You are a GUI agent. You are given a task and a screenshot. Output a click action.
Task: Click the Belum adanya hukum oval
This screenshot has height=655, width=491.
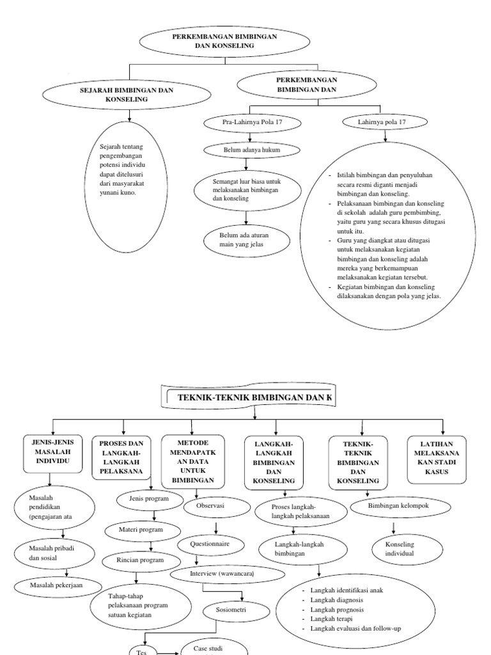pos(251,150)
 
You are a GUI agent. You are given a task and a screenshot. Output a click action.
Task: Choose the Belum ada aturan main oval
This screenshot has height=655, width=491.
pos(246,242)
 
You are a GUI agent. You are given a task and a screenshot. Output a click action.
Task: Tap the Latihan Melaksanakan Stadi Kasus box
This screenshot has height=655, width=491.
pos(437,459)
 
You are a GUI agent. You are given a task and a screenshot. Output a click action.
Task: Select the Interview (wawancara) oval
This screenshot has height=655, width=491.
pos(222,574)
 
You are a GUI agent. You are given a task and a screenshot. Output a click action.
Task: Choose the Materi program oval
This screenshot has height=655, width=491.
pos(141,530)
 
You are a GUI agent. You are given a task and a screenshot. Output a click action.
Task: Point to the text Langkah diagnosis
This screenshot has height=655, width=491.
pos(336,601)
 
